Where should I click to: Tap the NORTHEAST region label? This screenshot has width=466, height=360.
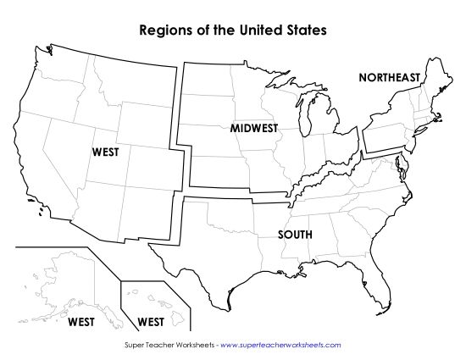pos(389,77)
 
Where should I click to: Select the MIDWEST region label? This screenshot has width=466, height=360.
pos(253,128)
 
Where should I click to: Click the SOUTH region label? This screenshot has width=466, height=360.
pos(295,234)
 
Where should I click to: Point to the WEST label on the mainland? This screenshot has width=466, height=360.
pos(105,152)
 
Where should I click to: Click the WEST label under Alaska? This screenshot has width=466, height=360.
pos(81,322)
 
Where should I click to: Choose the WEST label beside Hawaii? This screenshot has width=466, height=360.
pos(150,322)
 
